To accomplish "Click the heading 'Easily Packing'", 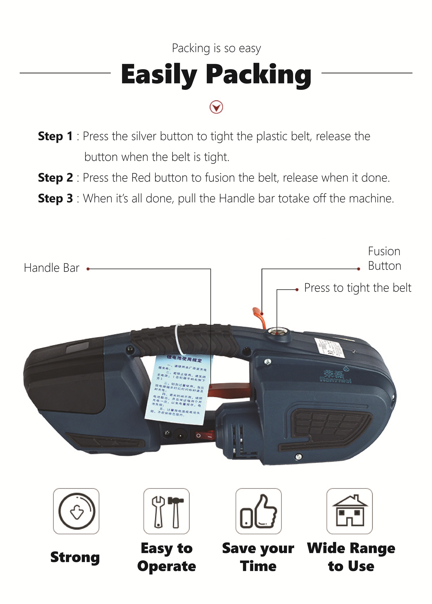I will tap(216, 74).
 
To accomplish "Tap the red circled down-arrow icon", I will tap(216, 107).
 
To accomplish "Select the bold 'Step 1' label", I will tap(55, 136).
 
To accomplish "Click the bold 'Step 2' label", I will tap(55, 178).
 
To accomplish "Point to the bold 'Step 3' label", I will tap(55, 199).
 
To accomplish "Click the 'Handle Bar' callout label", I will tap(52, 268).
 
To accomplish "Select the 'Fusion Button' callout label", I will tap(384, 259).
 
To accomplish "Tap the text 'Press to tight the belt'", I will tap(357, 288).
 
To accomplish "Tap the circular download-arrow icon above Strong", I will tap(77, 511).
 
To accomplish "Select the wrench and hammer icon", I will tap(167, 511).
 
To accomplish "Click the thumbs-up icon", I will tap(258, 511).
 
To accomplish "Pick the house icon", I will tap(350, 511).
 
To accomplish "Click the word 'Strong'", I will tap(75, 557).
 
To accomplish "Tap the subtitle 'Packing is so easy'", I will tap(216, 48).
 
